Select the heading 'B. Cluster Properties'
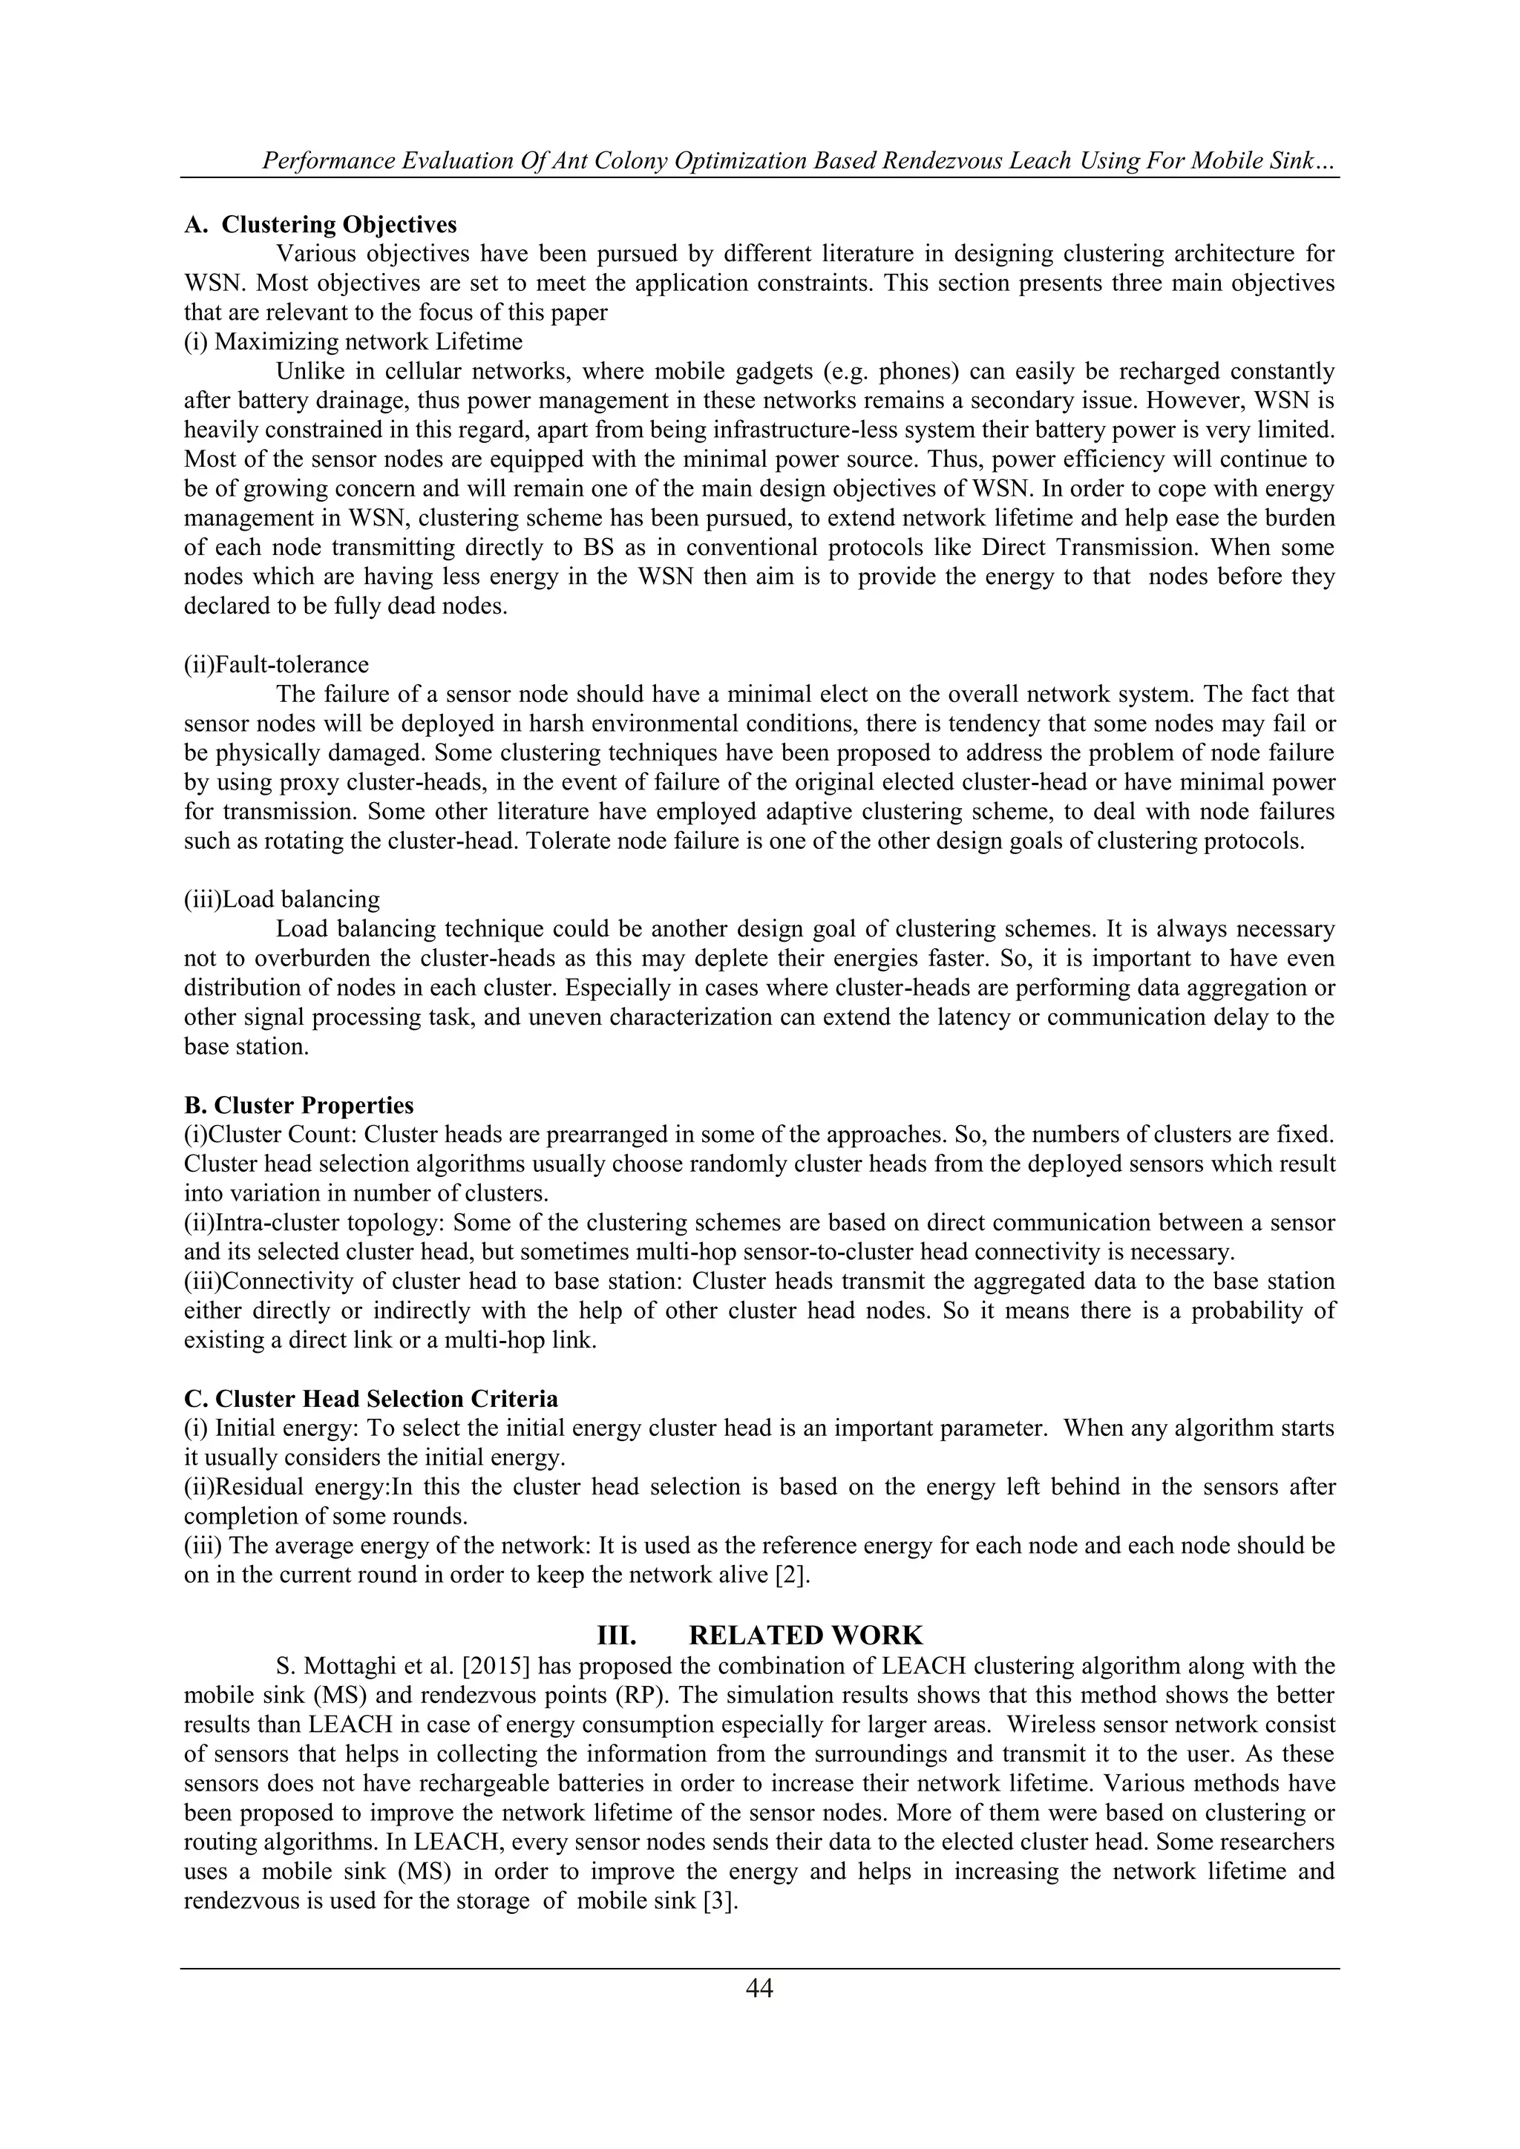click(298, 1106)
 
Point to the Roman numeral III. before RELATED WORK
click(617, 1635)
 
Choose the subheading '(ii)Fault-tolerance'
click(276, 665)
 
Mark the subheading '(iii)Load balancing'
click(282, 899)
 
